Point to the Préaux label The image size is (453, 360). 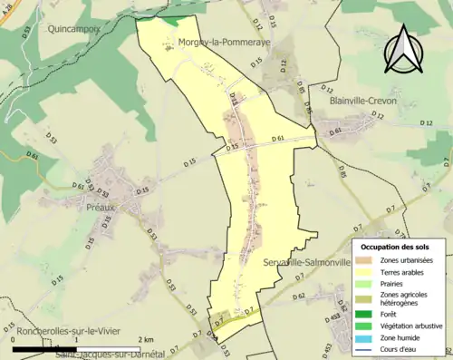tap(101, 207)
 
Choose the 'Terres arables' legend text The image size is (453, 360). tap(407, 248)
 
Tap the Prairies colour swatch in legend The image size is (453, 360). tap(370, 260)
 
